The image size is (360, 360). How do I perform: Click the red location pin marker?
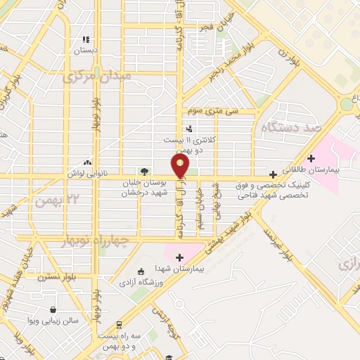181,166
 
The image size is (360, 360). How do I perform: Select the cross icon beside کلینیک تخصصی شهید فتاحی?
273,174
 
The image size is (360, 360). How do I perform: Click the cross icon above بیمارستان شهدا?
180,257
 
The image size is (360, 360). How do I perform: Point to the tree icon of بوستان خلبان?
144,171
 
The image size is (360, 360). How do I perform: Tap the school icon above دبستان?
86,40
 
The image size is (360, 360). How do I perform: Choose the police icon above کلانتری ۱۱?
188,129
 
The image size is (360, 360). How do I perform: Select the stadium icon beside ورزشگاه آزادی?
141,271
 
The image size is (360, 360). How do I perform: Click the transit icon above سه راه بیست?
119,325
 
